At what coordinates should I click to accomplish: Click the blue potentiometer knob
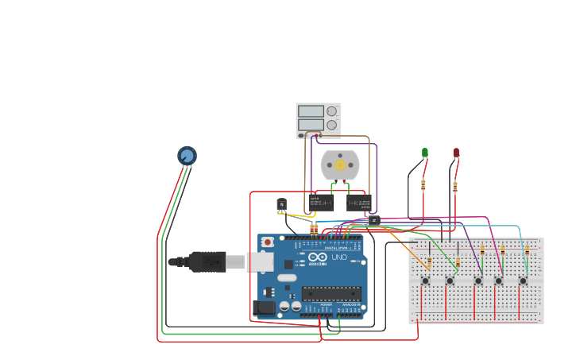tap(187, 156)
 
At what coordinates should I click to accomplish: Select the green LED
tap(425, 152)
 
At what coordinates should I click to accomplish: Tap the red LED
tap(456, 152)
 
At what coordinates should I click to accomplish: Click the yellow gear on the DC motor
tap(340, 165)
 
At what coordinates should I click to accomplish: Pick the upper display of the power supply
tap(311, 111)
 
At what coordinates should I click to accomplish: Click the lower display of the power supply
tap(311, 125)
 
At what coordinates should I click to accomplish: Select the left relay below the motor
tap(321, 203)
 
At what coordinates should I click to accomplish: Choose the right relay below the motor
tap(358, 203)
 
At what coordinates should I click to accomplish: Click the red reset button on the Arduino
tap(268, 242)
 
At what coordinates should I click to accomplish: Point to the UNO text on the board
tap(339, 257)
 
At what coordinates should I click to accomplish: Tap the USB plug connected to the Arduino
tap(208, 261)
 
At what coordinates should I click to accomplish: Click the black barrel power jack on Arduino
tap(264, 308)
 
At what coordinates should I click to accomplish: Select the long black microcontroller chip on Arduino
tap(331, 293)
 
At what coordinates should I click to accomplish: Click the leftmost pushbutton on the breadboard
tap(425, 281)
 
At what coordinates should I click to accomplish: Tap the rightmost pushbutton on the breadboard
tap(523, 281)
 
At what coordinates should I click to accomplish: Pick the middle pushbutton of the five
tap(478, 281)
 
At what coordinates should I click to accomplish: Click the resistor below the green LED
tap(423, 185)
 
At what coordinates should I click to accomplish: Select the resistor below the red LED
tap(455, 188)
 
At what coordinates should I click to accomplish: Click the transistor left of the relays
tap(281, 205)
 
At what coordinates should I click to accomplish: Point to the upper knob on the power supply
tap(331, 111)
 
